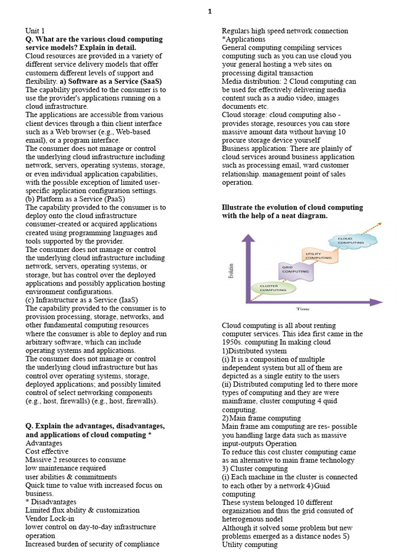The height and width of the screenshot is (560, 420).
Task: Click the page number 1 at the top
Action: (210, 11)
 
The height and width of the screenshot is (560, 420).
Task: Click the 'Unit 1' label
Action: (36, 31)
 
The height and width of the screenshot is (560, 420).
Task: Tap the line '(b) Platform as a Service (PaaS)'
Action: (75, 199)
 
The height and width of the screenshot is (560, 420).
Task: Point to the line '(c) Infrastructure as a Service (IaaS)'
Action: (81, 300)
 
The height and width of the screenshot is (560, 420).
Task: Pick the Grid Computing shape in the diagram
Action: (295, 269)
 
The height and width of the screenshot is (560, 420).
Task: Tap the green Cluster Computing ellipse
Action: (273, 288)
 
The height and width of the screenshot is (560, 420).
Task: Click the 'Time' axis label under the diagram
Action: (303, 309)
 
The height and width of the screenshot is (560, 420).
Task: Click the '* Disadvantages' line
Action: (51, 501)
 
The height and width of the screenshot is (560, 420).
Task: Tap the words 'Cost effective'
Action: (47, 451)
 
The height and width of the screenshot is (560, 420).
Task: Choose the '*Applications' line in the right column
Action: (243, 39)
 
